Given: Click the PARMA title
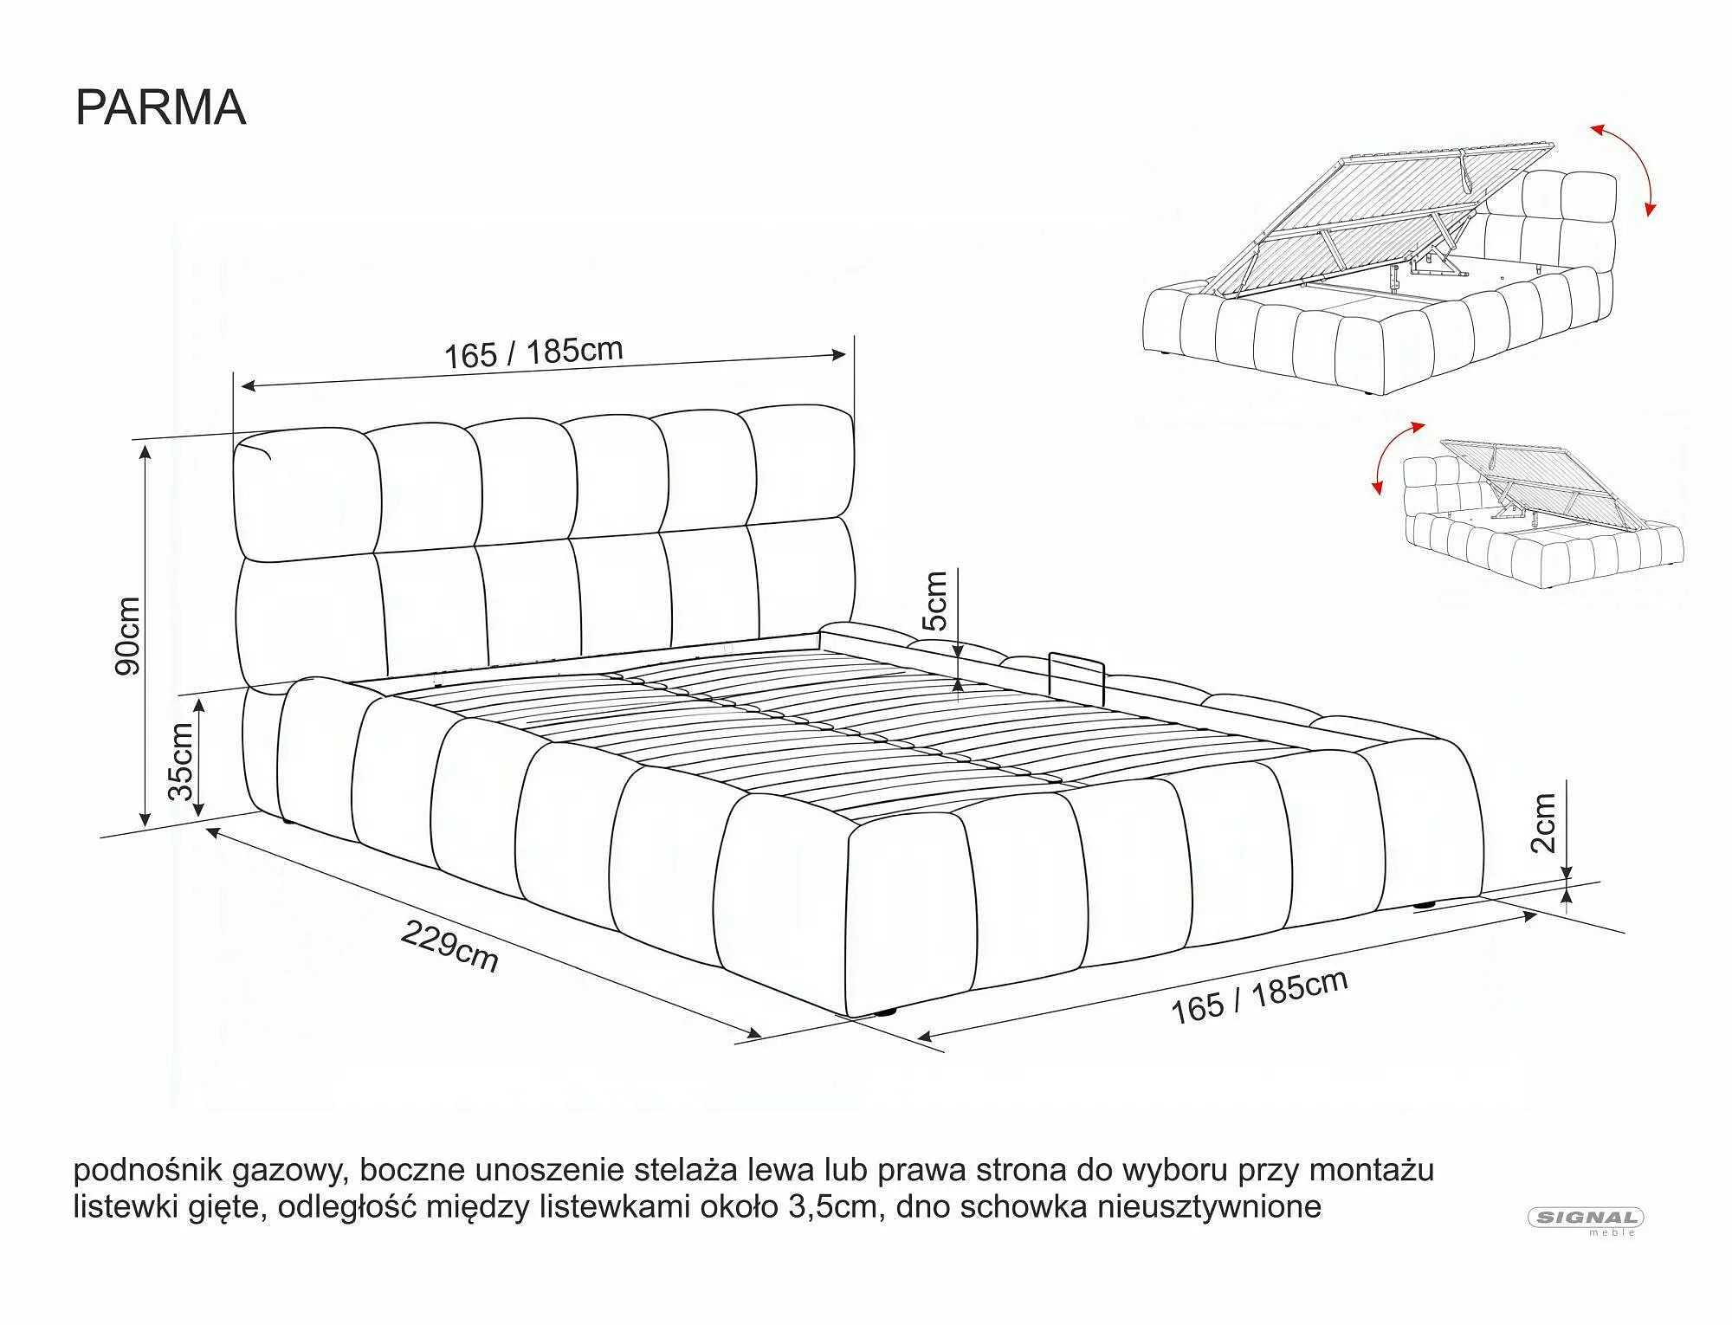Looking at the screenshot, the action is pyautogui.click(x=161, y=107).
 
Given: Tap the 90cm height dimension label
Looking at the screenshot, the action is pyautogui.click(x=128, y=636).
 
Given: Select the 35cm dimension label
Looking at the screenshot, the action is pyautogui.click(x=181, y=762).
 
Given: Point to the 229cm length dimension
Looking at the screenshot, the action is pyautogui.click(x=449, y=946).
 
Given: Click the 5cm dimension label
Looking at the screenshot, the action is pyautogui.click(x=935, y=600).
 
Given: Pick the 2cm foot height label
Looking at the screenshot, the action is pyautogui.click(x=1544, y=823).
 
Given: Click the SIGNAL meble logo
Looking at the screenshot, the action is pyautogui.click(x=1586, y=1221).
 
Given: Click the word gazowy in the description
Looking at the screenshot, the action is pyautogui.click(x=288, y=1171).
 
